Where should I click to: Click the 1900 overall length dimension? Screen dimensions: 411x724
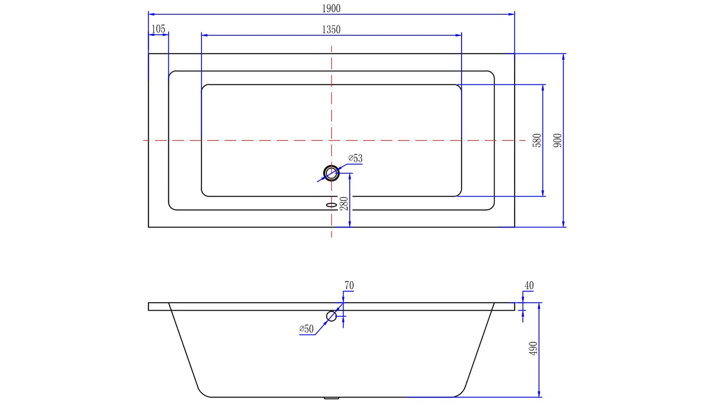tap(331, 9)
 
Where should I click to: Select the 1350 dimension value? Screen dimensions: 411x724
tap(331, 30)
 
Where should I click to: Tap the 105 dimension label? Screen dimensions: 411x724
tap(158, 29)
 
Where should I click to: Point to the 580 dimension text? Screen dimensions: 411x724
tap(537, 141)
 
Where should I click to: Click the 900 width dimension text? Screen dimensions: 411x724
tap(557, 140)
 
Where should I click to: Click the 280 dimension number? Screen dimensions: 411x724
tap(344, 203)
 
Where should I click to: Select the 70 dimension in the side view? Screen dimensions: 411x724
tap(349, 285)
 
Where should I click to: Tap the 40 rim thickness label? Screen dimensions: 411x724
tap(529, 285)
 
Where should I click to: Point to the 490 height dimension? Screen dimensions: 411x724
tap(533, 349)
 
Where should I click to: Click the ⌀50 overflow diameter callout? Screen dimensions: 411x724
tap(306, 329)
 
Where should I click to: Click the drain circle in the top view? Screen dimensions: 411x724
tap(331, 173)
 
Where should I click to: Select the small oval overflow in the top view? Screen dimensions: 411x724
tap(331, 204)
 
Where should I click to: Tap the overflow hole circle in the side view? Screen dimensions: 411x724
tap(331, 316)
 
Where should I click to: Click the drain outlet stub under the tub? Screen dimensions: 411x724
tap(331, 398)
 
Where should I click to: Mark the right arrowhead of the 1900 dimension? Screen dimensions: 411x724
tap(512, 14)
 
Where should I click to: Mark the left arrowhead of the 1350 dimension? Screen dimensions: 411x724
tap(204, 35)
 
